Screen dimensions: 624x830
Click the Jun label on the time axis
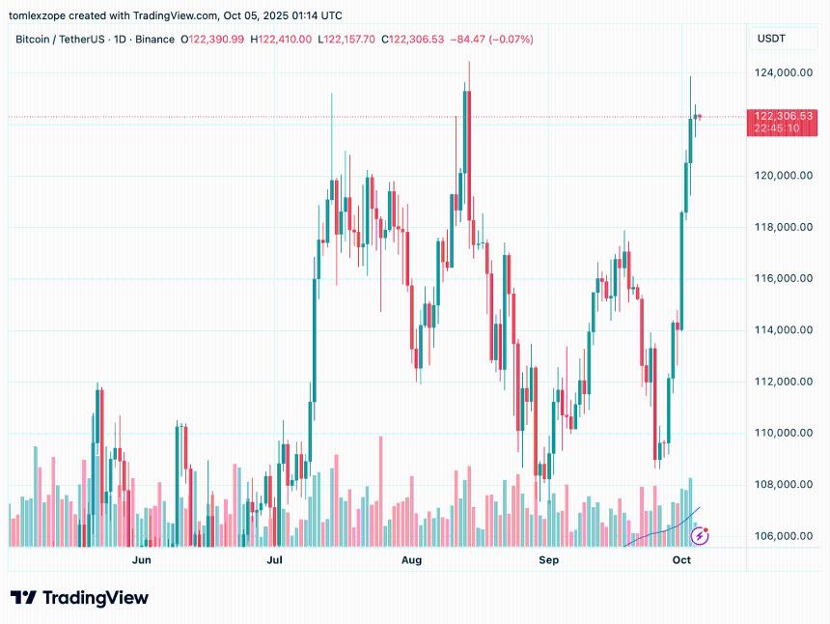coord(142,559)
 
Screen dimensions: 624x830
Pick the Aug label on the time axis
coord(412,559)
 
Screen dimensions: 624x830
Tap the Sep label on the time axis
coord(549,559)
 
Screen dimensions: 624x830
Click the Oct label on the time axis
coord(682,559)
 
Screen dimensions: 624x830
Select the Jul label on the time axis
coord(275,559)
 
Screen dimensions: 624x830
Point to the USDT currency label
coord(771,39)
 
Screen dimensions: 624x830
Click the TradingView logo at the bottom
coord(79,598)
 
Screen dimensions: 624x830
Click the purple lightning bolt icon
coord(699,534)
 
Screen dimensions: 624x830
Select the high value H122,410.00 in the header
coord(281,40)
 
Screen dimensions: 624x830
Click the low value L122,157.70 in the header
coord(347,40)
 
